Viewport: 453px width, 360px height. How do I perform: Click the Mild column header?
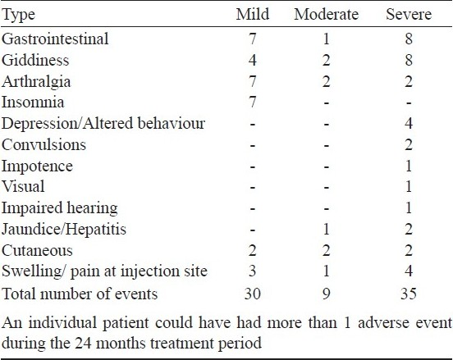(x=253, y=14)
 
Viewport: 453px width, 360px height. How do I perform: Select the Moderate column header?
(x=326, y=14)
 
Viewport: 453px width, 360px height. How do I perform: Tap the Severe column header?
(x=409, y=14)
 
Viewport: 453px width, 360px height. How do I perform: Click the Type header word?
(x=19, y=15)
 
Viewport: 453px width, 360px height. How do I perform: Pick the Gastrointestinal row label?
(x=55, y=39)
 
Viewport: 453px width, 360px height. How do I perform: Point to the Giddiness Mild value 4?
(x=253, y=61)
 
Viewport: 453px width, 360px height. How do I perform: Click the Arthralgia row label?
(x=36, y=82)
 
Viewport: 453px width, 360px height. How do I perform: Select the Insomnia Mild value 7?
(x=253, y=103)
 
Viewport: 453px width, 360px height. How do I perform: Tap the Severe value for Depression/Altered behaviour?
(x=409, y=123)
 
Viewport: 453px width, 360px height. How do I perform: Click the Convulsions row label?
(x=44, y=144)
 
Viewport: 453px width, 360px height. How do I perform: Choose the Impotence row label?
(x=37, y=166)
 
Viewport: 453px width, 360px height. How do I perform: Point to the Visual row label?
(x=23, y=186)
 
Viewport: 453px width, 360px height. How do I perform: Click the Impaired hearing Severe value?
(x=409, y=207)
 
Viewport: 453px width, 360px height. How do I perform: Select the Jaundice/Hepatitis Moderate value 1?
(x=326, y=229)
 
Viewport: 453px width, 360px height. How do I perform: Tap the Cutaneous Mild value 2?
(x=253, y=250)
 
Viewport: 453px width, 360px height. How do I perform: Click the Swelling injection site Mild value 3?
(x=253, y=271)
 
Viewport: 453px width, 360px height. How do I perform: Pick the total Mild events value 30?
(x=253, y=294)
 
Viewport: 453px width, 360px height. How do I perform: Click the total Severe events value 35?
(x=409, y=294)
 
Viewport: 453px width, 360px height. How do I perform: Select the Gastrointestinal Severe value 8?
(x=409, y=39)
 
